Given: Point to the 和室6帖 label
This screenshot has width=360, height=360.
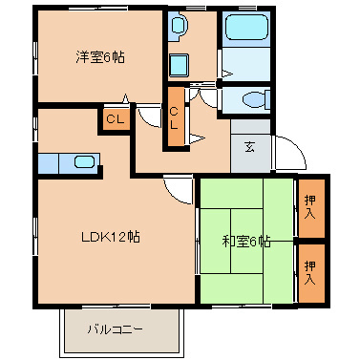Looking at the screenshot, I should click(x=246, y=242).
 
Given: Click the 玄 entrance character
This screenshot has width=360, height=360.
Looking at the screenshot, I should click(x=249, y=146).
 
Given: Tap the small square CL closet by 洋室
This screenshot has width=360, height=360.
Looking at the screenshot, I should click(x=114, y=119).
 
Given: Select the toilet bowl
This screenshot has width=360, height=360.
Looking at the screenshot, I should click(x=250, y=99).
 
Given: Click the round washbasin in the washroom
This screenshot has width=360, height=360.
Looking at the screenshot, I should click(x=179, y=30).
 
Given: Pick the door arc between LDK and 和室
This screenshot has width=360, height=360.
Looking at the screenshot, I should click(x=178, y=191).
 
